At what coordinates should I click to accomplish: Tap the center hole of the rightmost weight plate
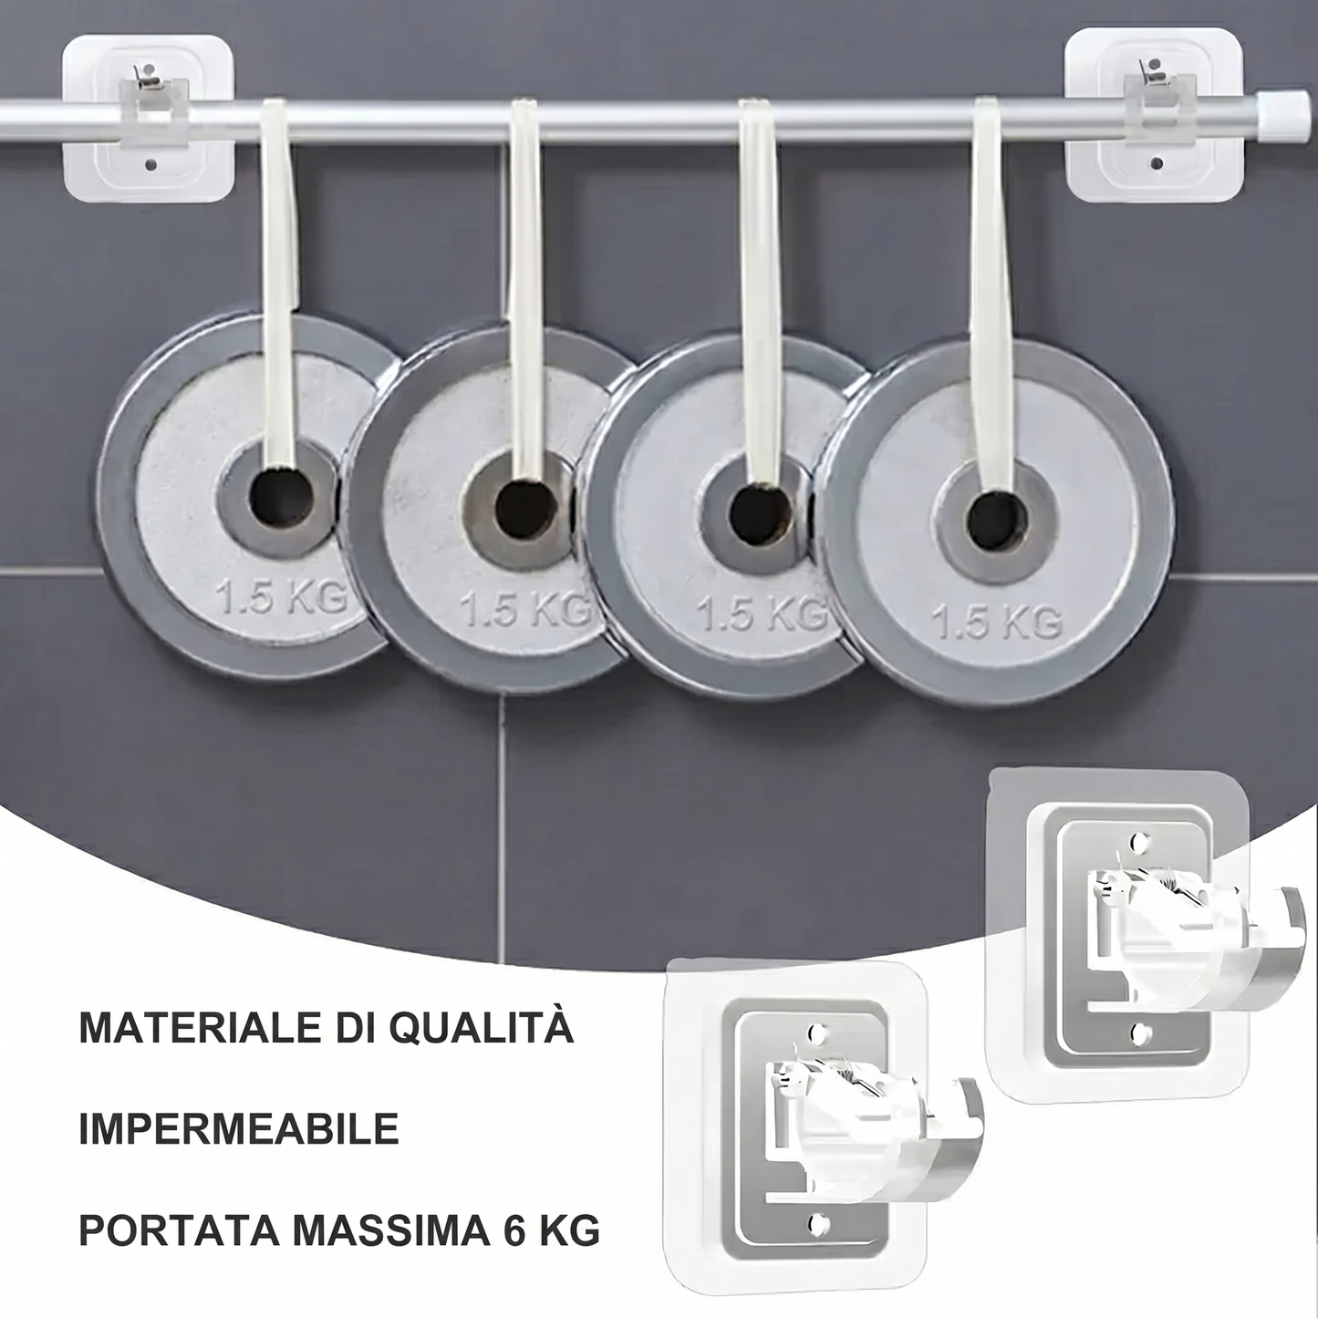997,521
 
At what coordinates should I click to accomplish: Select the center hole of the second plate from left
525,510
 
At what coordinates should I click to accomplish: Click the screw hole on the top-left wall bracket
151,165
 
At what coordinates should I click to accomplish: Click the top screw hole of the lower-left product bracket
816,1030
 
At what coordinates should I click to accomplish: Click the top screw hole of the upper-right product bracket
1138,840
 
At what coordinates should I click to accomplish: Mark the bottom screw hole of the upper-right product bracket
1140,1033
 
